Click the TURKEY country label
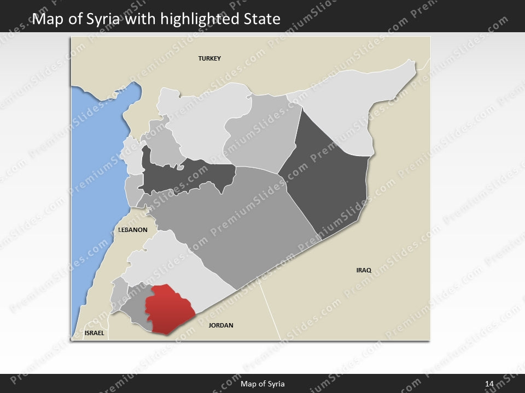tap(209, 58)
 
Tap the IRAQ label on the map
tap(364, 270)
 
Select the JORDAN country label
tap(221, 325)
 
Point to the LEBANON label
tap(133, 230)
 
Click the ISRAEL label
tap(94, 332)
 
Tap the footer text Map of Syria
tap(262, 384)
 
